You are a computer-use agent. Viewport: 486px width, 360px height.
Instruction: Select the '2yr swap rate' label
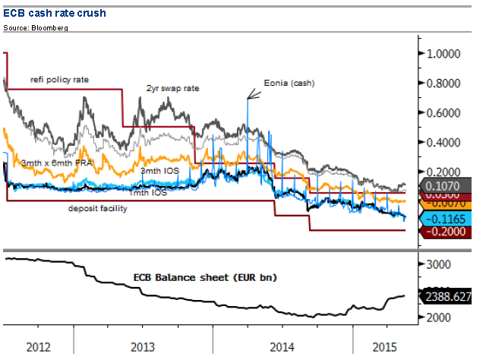[x=172, y=88]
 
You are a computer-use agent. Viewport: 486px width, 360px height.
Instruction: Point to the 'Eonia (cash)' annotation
[x=289, y=82]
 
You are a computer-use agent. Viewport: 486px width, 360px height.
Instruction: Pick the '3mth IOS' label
[x=159, y=171]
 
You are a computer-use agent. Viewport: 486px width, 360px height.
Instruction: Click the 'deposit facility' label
[x=98, y=208]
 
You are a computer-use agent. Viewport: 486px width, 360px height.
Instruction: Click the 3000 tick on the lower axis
[x=440, y=264]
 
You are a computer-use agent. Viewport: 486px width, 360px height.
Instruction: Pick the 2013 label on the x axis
[x=144, y=347]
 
